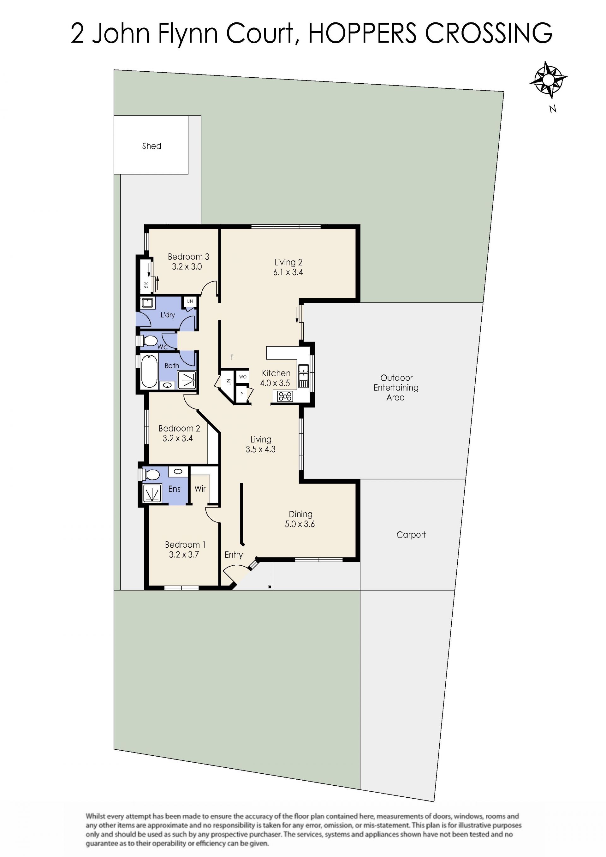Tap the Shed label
point(151,146)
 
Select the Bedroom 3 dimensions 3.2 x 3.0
point(187,266)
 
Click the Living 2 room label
point(288,262)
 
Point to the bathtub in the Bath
point(149,372)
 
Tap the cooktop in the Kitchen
point(285,396)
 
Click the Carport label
point(411,534)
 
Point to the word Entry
point(234,555)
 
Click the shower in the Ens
point(152,493)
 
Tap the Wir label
point(200,489)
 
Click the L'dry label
point(168,315)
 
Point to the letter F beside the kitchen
point(232,357)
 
